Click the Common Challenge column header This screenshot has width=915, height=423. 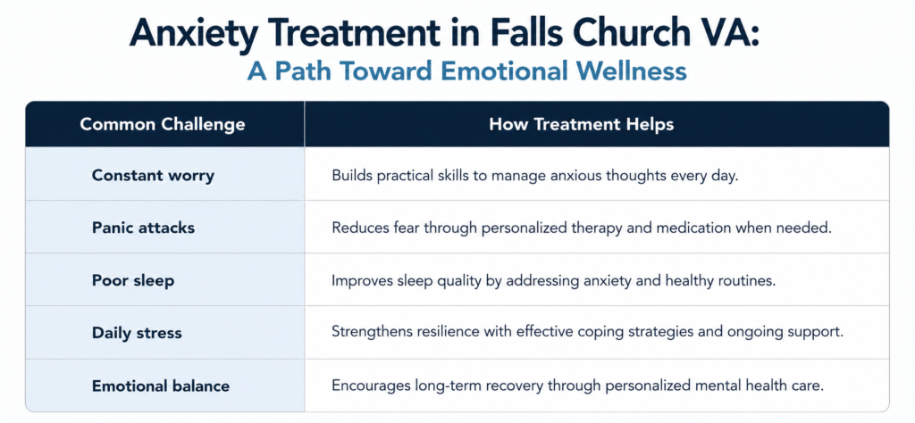point(163,125)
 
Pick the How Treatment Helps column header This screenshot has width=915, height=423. point(581,125)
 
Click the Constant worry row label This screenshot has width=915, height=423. point(153,176)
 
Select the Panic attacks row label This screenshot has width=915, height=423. point(143,228)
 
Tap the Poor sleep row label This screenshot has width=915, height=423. point(133,281)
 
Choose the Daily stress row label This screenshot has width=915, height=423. point(137,333)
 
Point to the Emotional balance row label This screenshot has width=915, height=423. point(161,386)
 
